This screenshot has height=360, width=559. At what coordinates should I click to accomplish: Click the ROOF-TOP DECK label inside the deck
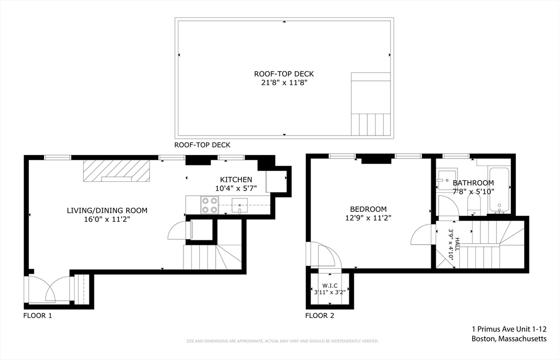pos(284,74)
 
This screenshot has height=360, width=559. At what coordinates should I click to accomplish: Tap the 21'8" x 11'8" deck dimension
pos(284,83)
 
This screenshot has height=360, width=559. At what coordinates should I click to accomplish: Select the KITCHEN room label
pos(236,179)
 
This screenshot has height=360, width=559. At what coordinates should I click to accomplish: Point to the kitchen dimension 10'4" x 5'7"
pos(236,188)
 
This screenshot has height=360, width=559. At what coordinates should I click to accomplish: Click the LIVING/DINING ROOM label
pos(107,210)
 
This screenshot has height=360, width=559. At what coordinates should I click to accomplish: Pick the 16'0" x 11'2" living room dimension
pos(107,219)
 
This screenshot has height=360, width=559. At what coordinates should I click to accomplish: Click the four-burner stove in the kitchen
pos(210,205)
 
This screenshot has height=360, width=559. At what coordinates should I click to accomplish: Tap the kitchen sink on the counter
pos(239,205)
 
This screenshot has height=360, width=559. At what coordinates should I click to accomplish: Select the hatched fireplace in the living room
pos(116,170)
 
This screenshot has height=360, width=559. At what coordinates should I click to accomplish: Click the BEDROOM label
pos(368,209)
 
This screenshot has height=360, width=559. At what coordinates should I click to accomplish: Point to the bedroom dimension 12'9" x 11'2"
pos(368,217)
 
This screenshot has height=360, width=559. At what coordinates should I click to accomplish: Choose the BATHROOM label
pos(473,182)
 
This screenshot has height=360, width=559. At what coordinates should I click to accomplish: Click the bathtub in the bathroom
pos(499,190)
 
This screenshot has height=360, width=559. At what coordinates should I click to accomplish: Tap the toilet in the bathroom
pos(474,206)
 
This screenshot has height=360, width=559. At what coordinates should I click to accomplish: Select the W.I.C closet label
pos(330,285)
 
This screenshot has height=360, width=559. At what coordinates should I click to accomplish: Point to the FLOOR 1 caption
pos(38,315)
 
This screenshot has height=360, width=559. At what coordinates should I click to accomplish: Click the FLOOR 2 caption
pos(319,315)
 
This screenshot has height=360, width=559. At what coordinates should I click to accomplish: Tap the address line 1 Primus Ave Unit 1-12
pos(509,329)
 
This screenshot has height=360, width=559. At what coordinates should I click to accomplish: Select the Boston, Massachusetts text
pos(509,339)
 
